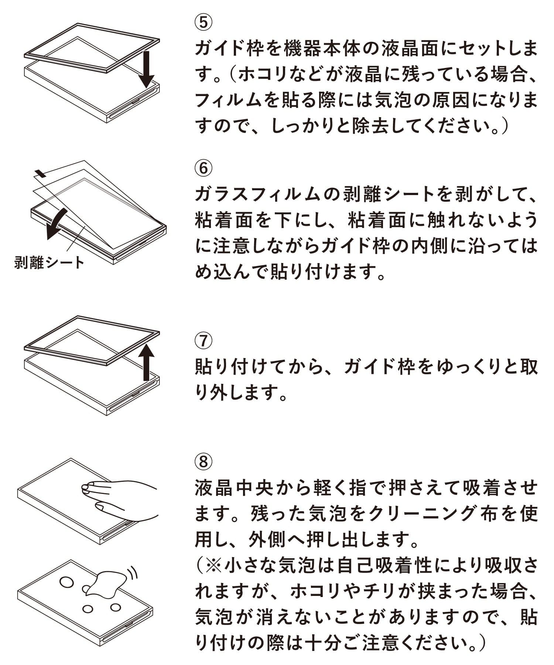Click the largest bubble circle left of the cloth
(x=67, y=582)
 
